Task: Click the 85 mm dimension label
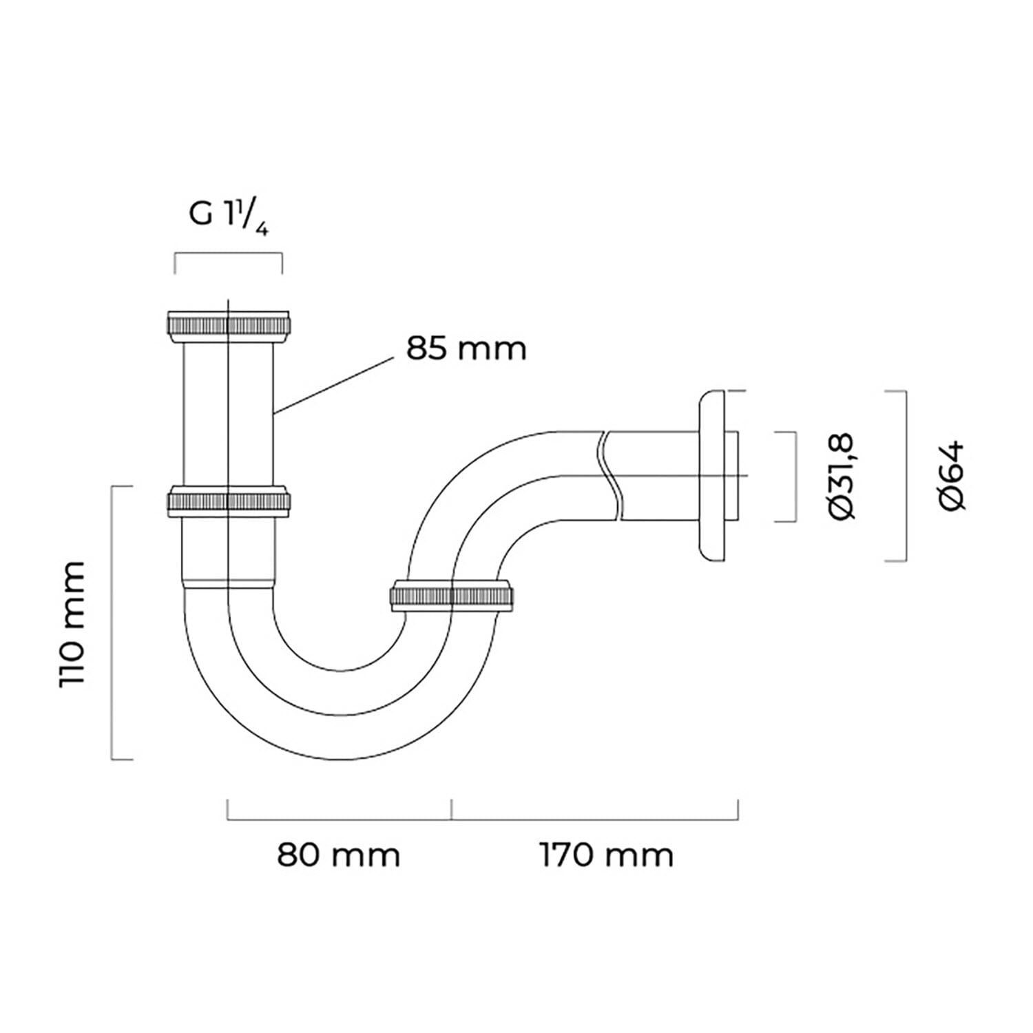pyautogui.click(x=466, y=348)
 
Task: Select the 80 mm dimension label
pyautogui.click(x=338, y=855)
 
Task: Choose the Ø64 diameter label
pyautogui.click(x=952, y=475)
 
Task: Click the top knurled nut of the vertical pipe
pyautogui.click(x=229, y=326)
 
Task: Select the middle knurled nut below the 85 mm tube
pyautogui.click(x=229, y=501)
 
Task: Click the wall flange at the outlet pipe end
pyautogui.click(x=713, y=475)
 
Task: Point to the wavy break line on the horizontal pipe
pyautogui.click(x=610, y=475)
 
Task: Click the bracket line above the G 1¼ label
pyautogui.click(x=229, y=254)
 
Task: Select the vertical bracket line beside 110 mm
pyautogui.click(x=112, y=623)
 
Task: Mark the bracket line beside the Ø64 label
pyautogui.click(x=905, y=476)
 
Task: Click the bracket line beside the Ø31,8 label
pyautogui.click(x=795, y=477)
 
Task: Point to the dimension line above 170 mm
pyautogui.click(x=595, y=820)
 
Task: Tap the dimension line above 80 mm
pyautogui.click(x=340, y=820)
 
